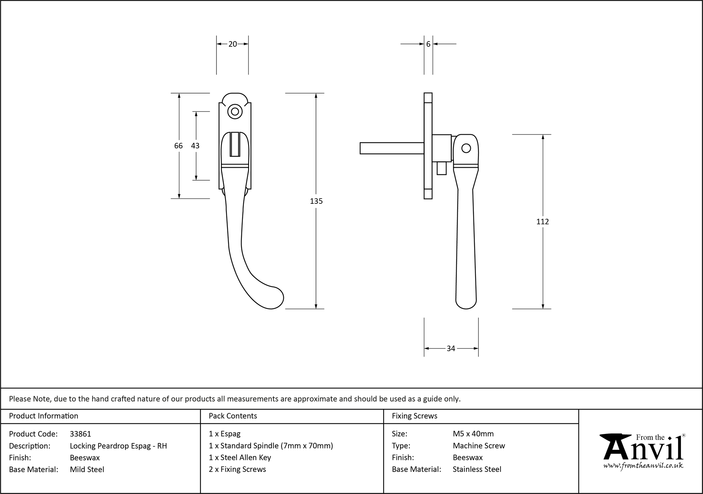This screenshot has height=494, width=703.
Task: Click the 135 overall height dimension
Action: [x=316, y=201]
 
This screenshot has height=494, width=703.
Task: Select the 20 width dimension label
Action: [x=233, y=44]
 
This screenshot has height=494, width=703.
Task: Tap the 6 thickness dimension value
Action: [x=428, y=44]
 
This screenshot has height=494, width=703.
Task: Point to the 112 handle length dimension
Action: [x=542, y=222]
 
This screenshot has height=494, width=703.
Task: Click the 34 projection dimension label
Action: [x=451, y=349]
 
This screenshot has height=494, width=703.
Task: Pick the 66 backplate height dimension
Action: [x=179, y=145]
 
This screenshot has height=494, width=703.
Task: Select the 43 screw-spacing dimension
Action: [x=195, y=145]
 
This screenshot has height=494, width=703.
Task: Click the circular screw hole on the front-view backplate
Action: [x=235, y=112]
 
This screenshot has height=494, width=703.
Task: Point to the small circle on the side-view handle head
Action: [x=466, y=148]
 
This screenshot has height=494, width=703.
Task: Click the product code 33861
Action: [x=80, y=434]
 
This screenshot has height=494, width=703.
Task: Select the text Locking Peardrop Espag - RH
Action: [x=118, y=446]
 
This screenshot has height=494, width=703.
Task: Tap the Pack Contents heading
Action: [x=233, y=416]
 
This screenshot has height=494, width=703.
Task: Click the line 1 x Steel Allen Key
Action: [x=240, y=457]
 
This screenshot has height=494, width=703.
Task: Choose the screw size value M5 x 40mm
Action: [x=473, y=434]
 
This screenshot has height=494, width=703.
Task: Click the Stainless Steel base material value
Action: [x=477, y=469]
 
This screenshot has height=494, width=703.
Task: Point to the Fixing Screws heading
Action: [x=414, y=416]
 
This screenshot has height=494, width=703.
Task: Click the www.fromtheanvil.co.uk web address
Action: [x=643, y=466]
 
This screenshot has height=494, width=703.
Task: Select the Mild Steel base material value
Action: [x=87, y=469]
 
